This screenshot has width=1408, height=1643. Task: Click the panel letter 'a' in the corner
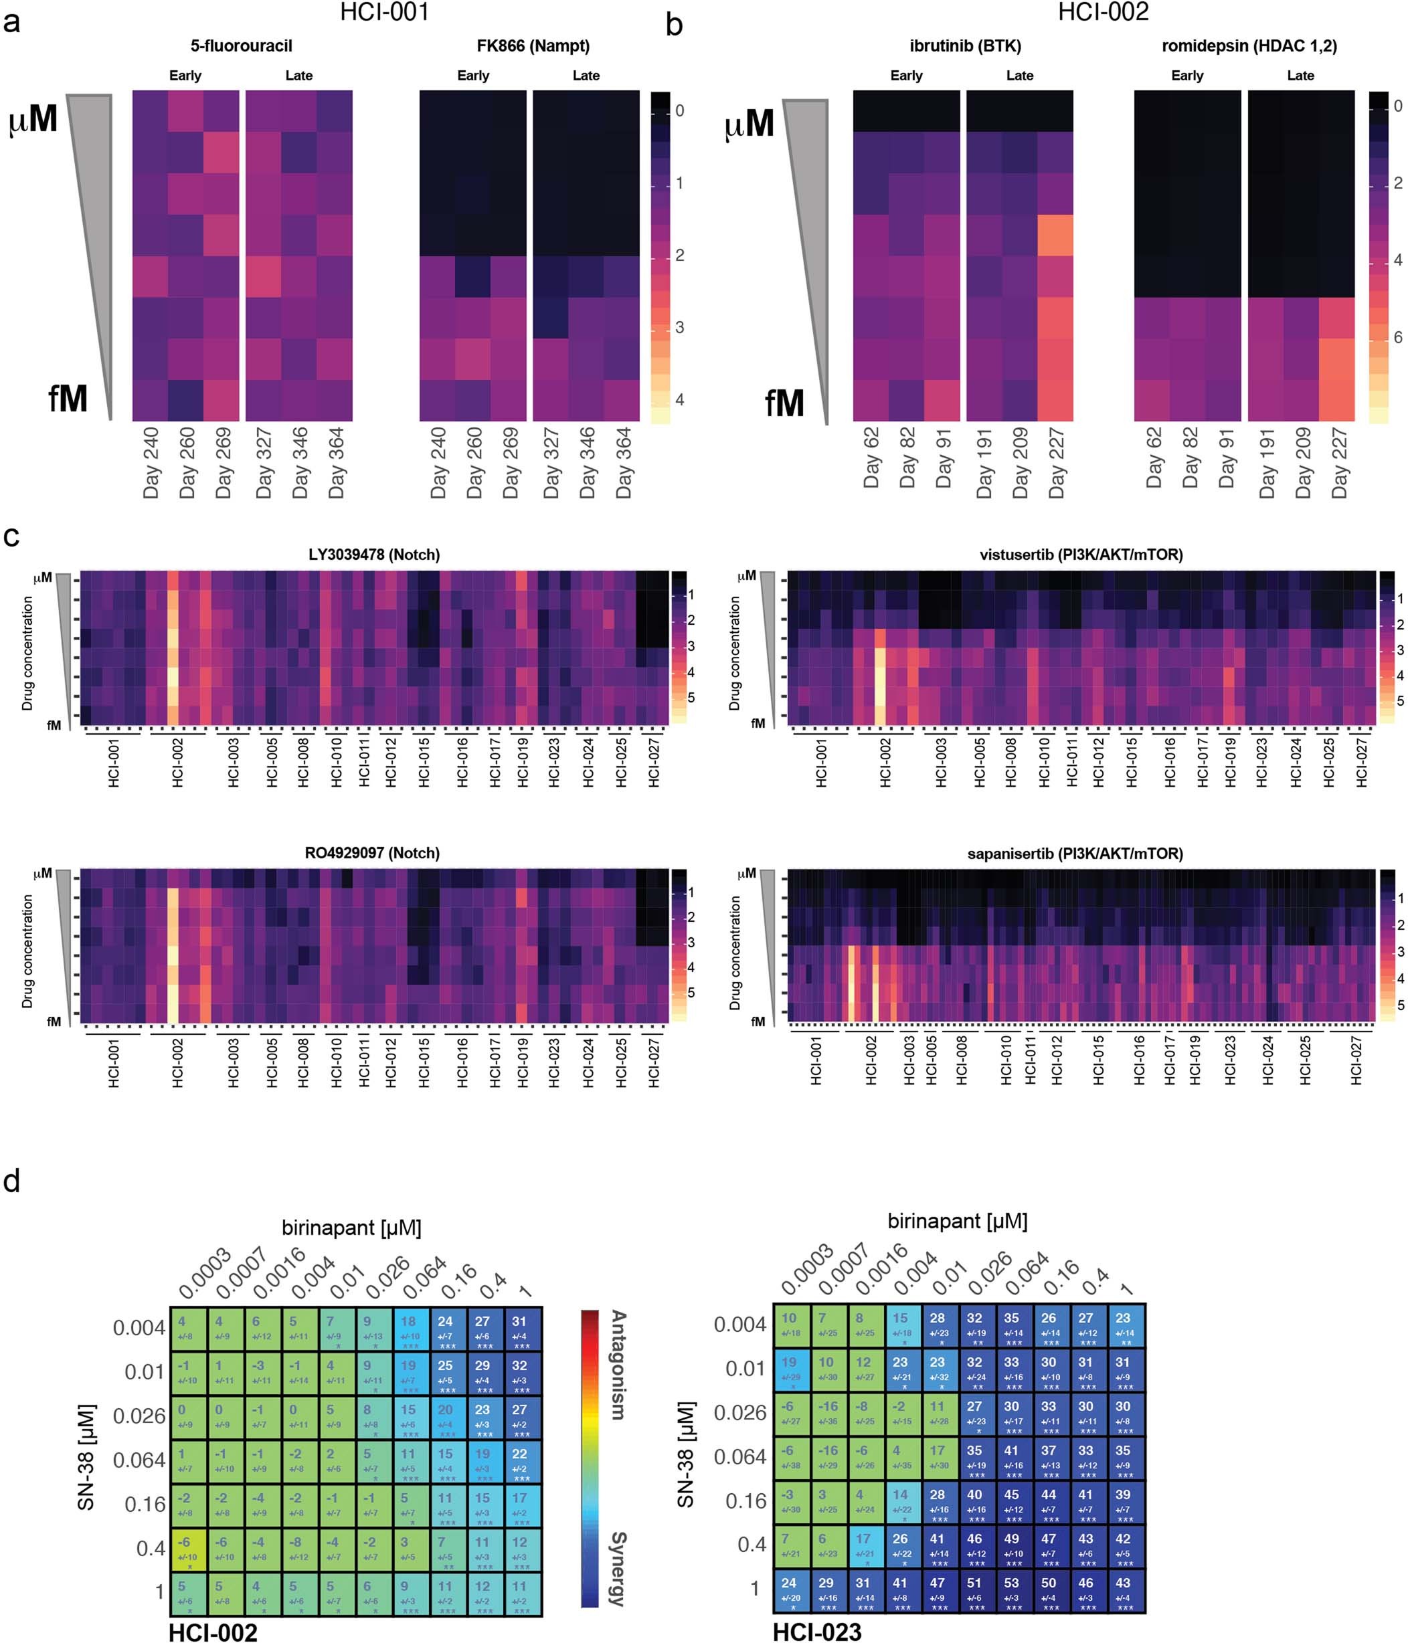[12, 21]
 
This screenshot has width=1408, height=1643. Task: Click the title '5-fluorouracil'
[241, 46]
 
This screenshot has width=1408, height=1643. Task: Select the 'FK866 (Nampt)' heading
[533, 46]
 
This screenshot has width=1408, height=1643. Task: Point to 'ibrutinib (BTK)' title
[964, 46]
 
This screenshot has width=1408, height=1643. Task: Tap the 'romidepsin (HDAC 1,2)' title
[1249, 46]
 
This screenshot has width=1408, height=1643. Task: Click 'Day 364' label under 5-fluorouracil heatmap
[337, 463]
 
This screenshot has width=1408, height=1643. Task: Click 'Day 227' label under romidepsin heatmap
[1339, 463]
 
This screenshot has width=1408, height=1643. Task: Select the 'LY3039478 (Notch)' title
[373, 555]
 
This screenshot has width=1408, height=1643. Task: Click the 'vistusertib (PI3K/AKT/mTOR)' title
[1080, 555]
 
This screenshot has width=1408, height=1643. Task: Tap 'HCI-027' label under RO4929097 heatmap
[654, 1062]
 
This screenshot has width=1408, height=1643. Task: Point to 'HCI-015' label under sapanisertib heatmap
[1098, 1060]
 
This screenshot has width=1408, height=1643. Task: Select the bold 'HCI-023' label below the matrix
[817, 1631]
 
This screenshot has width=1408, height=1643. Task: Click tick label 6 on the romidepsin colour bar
[1398, 338]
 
